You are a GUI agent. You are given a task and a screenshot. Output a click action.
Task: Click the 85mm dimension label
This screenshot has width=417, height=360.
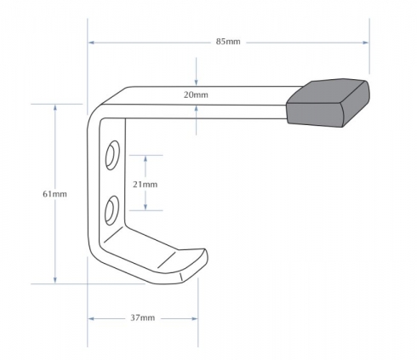(x=228, y=42)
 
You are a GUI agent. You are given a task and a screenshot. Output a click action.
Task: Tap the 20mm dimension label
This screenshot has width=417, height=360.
(x=196, y=94)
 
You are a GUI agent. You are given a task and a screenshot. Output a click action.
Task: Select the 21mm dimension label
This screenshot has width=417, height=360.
(x=145, y=185)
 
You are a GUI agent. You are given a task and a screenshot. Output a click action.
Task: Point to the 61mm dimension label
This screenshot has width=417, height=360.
(x=54, y=194)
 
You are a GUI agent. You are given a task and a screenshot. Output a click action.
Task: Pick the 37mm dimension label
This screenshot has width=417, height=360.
(x=143, y=317)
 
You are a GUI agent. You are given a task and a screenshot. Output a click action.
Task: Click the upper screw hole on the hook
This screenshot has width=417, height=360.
(x=112, y=155)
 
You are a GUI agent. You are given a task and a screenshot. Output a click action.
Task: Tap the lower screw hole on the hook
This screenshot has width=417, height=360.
(x=111, y=210)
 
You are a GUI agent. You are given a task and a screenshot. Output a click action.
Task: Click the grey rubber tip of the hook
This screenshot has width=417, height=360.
(x=328, y=103)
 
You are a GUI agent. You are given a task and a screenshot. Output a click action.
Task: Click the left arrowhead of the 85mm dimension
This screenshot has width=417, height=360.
(x=91, y=43)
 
